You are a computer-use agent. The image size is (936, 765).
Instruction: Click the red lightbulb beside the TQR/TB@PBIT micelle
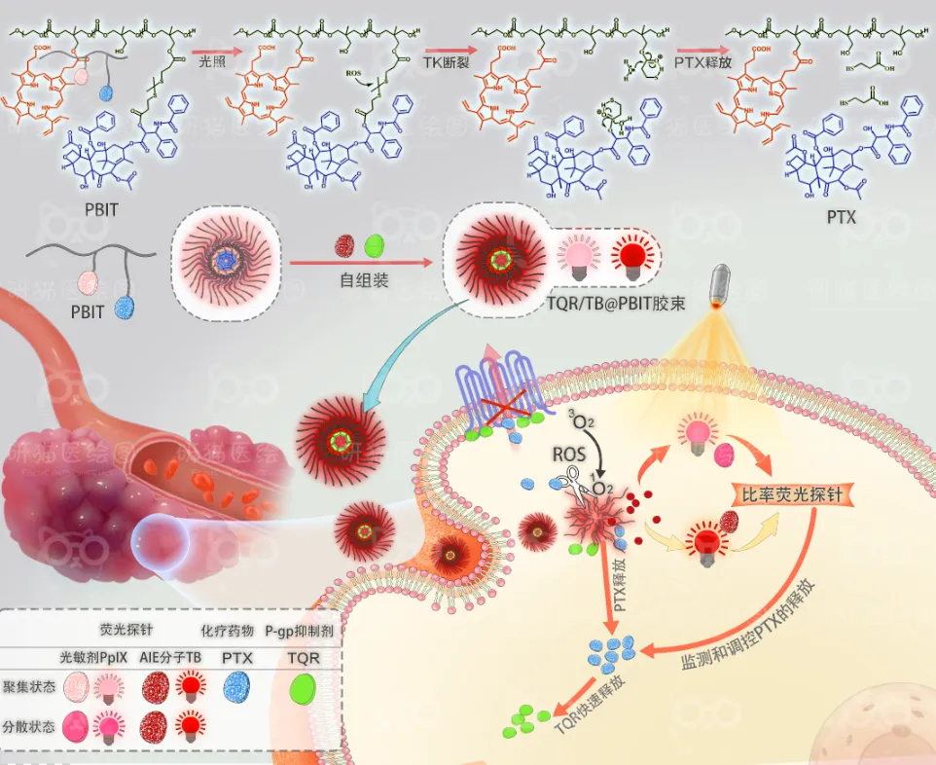(x=629, y=258)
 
